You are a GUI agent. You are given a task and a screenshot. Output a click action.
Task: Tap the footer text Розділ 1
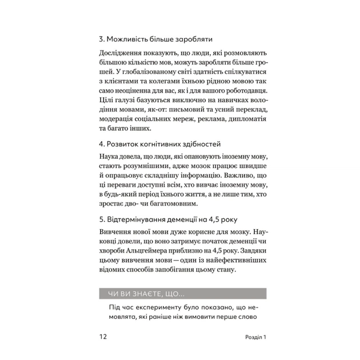(x=251, y=337)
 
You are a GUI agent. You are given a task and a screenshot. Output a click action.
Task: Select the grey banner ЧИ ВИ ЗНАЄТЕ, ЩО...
(x=179, y=294)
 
